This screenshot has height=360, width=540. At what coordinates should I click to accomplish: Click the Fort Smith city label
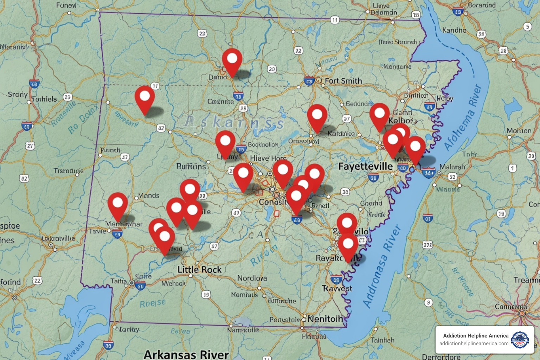(x=343, y=81)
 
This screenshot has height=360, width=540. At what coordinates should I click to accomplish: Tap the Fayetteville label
(x=365, y=166)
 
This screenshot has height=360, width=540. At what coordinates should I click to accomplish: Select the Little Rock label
(x=199, y=270)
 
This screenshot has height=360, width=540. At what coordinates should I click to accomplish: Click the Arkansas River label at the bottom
(x=186, y=354)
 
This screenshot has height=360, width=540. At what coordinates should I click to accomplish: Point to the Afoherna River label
(x=462, y=117)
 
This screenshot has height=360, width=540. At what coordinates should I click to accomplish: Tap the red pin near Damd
(x=232, y=60)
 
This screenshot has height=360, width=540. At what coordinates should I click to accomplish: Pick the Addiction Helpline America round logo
(x=520, y=340)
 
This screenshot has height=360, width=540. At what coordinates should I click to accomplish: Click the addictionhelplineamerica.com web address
(x=474, y=343)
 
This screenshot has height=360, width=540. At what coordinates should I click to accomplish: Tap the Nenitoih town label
(x=325, y=319)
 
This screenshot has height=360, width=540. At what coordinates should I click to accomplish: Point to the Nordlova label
(x=252, y=278)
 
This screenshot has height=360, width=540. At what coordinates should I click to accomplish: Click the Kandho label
(x=454, y=30)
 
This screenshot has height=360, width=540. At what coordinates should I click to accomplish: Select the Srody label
(x=18, y=95)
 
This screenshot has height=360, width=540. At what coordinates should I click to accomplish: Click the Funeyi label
(x=66, y=5)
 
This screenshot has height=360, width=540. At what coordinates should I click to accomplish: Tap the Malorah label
(x=452, y=167)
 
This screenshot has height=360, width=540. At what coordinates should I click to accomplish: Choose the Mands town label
(x=148, y=195)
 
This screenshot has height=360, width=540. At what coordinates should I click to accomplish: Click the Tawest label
(x=337, y=289)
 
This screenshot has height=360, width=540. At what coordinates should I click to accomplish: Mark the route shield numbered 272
(x=427, y=245)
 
